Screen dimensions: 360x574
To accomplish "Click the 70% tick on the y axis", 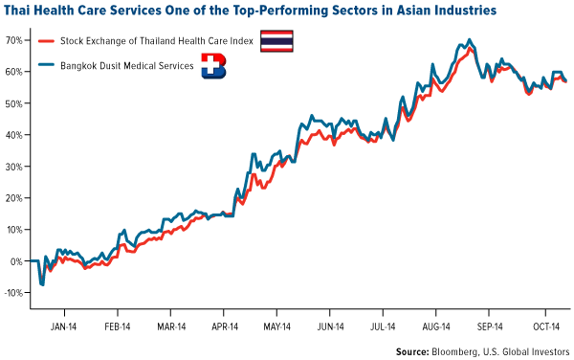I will [x=15, y=41].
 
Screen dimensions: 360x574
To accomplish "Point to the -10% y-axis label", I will [x=13, y=293].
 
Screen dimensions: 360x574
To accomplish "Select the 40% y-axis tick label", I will [x=15, y=135].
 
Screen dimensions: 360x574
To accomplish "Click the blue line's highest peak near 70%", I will [x=468, y=41].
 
